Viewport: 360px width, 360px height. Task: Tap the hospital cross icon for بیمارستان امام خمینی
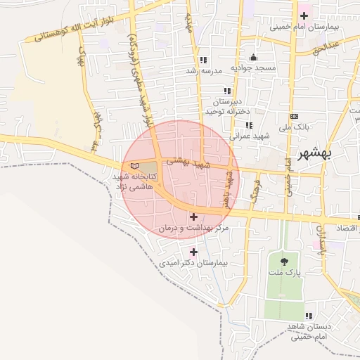click(x=304, y=15)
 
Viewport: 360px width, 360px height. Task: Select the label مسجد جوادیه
click(x=254, y=67)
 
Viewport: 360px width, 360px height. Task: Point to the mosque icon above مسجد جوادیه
click(x=253, y=57)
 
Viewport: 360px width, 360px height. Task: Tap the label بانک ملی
click(x=295, y=127)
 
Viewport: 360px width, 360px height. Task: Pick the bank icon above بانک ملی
click(x=294, y=117)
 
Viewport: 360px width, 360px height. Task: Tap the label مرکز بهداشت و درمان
click(x=193, y=229)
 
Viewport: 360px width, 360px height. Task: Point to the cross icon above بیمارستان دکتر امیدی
click(x=193, y=252)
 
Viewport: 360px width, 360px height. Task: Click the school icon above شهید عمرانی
click(x=248, y=125)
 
